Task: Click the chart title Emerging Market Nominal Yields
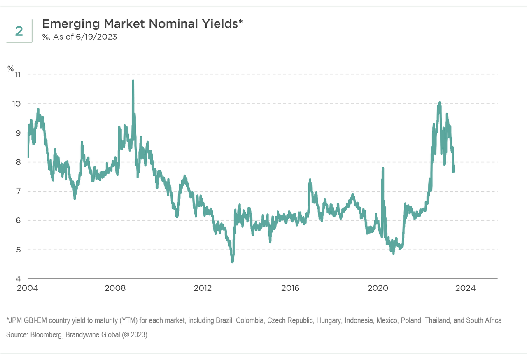(142, 24)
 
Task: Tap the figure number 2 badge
(19, 31)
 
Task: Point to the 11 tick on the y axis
(17, 75)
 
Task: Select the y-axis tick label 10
(17, 104)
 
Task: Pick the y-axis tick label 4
(19, 279)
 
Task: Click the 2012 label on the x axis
(203, 288)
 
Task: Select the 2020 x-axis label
(378, 288)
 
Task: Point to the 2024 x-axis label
(465, 288)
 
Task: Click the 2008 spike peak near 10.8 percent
(133, 81)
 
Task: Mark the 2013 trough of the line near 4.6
(233, 261)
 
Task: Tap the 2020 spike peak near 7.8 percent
(383, 168)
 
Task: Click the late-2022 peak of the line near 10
(440, 103)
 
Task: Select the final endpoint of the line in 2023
(454, 167)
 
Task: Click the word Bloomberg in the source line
(47, 335)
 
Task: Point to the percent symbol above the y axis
(11, 68)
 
